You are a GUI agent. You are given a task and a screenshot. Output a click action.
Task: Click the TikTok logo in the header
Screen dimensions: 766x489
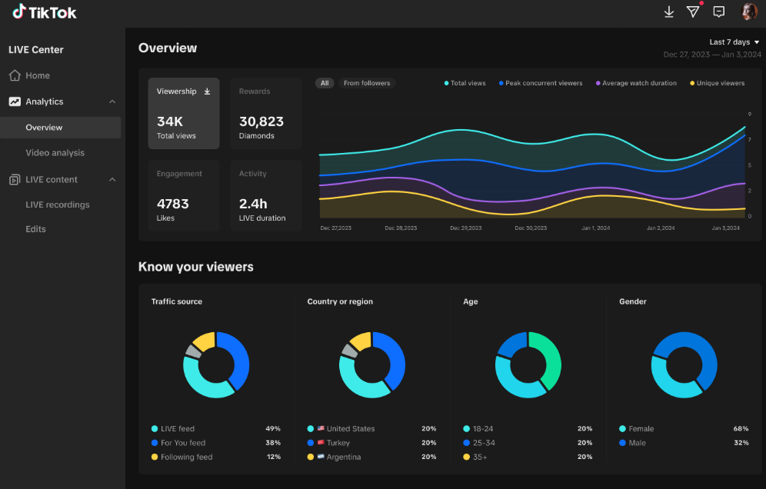click(x=45, y=12)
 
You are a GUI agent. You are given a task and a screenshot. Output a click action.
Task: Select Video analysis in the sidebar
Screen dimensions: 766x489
click(x=55, y=153)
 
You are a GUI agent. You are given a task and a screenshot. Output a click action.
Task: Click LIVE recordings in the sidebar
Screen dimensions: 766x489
click(x=58, y=205)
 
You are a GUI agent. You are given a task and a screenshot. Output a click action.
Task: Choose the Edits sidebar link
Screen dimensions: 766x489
click(x=35, y=229)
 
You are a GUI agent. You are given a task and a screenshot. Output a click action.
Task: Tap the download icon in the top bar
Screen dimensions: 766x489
click(x=669, y=12)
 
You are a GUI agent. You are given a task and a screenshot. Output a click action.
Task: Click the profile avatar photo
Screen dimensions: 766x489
click(x=749, y=12)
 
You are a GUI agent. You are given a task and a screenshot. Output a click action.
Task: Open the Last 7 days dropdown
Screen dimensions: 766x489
click(x=734, y=42)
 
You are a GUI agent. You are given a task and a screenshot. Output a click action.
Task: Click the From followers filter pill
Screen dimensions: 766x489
click(x=367, y=83)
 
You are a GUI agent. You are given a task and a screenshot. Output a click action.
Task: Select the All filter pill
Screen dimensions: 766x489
click(x=325, y=83)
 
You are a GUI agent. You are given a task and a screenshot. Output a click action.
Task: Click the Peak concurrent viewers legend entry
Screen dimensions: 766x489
click(x=541, y=83)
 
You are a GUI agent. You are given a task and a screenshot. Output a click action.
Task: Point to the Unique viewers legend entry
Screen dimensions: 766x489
click(x=717, y=83)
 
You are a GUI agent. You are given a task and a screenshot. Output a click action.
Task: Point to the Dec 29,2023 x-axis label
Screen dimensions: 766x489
click(x=465, y=228)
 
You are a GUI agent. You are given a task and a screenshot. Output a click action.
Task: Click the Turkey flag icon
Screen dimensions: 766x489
click(x=321, y=443)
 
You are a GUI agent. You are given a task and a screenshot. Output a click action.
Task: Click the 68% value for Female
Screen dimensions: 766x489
click(x=741, y=428)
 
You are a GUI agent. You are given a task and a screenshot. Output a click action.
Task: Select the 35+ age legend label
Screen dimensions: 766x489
click(x=480, y=457)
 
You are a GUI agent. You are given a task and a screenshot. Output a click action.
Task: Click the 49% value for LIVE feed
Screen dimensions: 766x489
click(x=273, y=428)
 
